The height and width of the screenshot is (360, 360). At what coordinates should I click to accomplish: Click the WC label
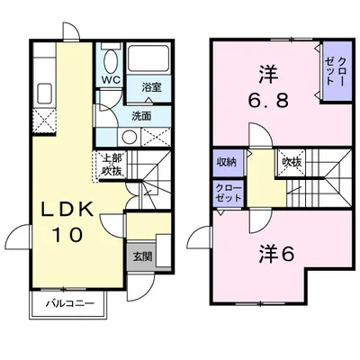point(111,80)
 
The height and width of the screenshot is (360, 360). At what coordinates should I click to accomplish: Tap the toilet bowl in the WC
point(111,60)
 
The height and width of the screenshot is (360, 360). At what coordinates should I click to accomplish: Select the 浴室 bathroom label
point(151,87)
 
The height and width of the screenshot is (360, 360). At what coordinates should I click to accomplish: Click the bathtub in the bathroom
point(148,58)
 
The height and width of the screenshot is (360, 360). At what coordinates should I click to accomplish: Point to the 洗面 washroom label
point(141,116)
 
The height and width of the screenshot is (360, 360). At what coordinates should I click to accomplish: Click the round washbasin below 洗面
point(130,138)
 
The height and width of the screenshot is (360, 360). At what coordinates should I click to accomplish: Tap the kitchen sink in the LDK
point(45,93)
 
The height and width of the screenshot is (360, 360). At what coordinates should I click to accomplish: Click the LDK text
point(67,210)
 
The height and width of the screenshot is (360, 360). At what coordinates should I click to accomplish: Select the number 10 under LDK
point(67,234)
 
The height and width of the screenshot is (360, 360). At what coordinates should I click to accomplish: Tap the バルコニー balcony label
point(69,304)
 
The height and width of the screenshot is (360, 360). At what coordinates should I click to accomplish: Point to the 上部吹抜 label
point(112,165)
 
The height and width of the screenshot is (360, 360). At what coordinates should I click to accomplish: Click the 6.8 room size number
point(267,100)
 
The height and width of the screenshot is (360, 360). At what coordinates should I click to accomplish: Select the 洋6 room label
point(276,254)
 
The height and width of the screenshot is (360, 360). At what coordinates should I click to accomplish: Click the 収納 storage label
point(227,162)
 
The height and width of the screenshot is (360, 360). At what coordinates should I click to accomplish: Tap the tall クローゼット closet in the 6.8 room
point(337,71)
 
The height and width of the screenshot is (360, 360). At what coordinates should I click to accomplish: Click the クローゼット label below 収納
point(229,193)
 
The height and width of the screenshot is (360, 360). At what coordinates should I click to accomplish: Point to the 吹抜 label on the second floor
point(292,162)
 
